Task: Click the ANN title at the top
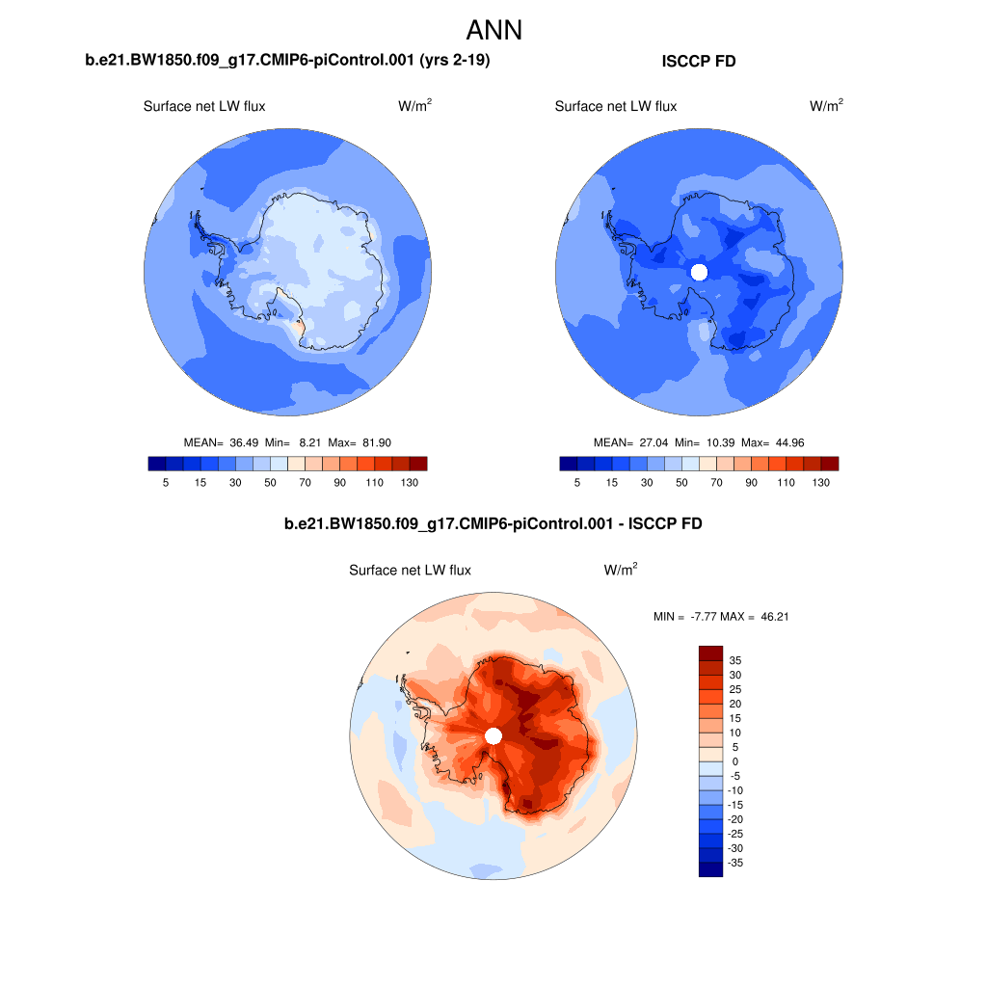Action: pos(493,30)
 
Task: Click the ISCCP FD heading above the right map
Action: pos(699,62)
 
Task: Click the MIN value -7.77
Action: pos(697,616)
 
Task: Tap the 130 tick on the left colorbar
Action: pos(409,482)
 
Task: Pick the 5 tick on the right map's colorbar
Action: pos(577,482)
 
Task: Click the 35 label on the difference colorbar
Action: pos(734,660)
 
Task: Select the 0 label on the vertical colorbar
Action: pos(734,761)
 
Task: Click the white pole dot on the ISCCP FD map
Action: pos(700,272)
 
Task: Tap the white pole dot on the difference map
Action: pos(493,735)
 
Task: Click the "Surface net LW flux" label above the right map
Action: pos(616,106)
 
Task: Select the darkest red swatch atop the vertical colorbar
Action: pos(710,653)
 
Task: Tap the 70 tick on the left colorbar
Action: pos(305,482)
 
